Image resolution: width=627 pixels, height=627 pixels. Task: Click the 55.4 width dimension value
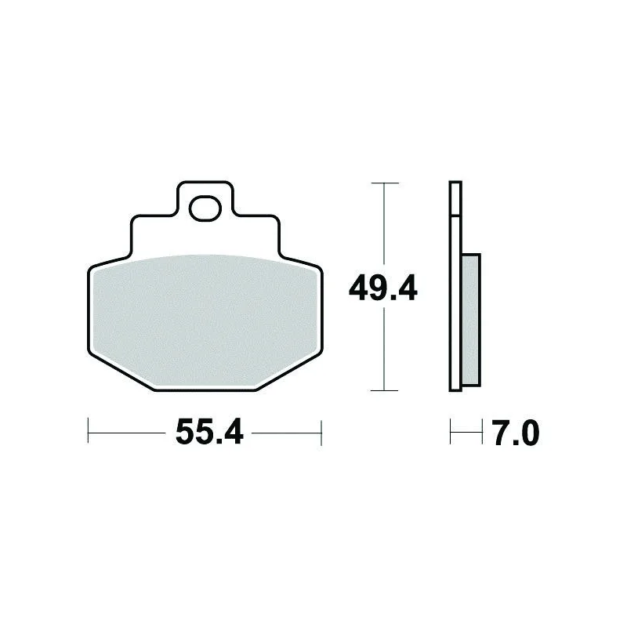pyautogui.click(x=209, y=432)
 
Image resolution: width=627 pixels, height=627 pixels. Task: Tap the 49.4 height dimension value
pyautogui.click(x=383, y=288)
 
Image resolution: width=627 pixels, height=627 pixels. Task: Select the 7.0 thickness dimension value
pyautogui.click(x=516, y=433)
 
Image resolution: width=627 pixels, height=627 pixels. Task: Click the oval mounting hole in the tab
pyautogui.click(x=205, y=208)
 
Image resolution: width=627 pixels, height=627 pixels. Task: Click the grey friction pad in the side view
pyautogui.click(x=472, y=320)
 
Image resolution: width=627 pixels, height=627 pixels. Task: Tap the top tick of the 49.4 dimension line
pyautogui.click(x=385, y=183)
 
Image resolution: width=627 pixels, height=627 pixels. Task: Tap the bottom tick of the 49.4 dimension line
pyautogui.click(x=384, y=390)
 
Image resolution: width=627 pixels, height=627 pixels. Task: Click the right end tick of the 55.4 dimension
pyautogui.click(x=321, y=433)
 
